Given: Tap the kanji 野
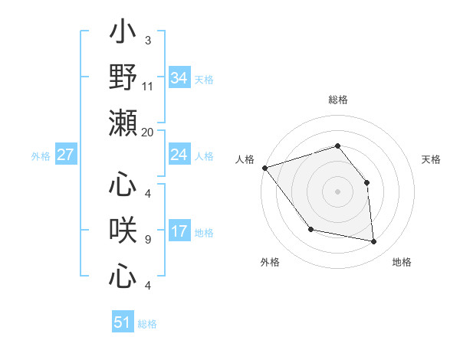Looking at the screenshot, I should pos(123,77).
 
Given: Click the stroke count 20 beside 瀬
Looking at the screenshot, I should pos(147,132).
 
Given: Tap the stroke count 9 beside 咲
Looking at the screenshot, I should pos(147,240).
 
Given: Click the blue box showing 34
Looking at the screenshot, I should pos(179,77).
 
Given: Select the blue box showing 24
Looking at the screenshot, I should pos(179,155).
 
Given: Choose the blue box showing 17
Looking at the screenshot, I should pos(179,231).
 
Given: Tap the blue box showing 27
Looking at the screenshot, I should pos(66,155).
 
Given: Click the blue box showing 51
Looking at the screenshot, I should pos(122,322).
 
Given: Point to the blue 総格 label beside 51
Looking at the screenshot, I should pos(147,324).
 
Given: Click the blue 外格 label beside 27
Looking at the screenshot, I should pos(41,156).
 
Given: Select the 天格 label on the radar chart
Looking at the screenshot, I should pos(431,159).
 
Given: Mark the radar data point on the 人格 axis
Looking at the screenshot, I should pos(264,168).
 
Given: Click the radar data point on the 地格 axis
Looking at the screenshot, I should pos(374,242).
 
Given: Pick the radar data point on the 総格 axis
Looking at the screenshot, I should pos(337,146).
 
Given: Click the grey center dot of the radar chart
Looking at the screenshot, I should pos(337,191).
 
